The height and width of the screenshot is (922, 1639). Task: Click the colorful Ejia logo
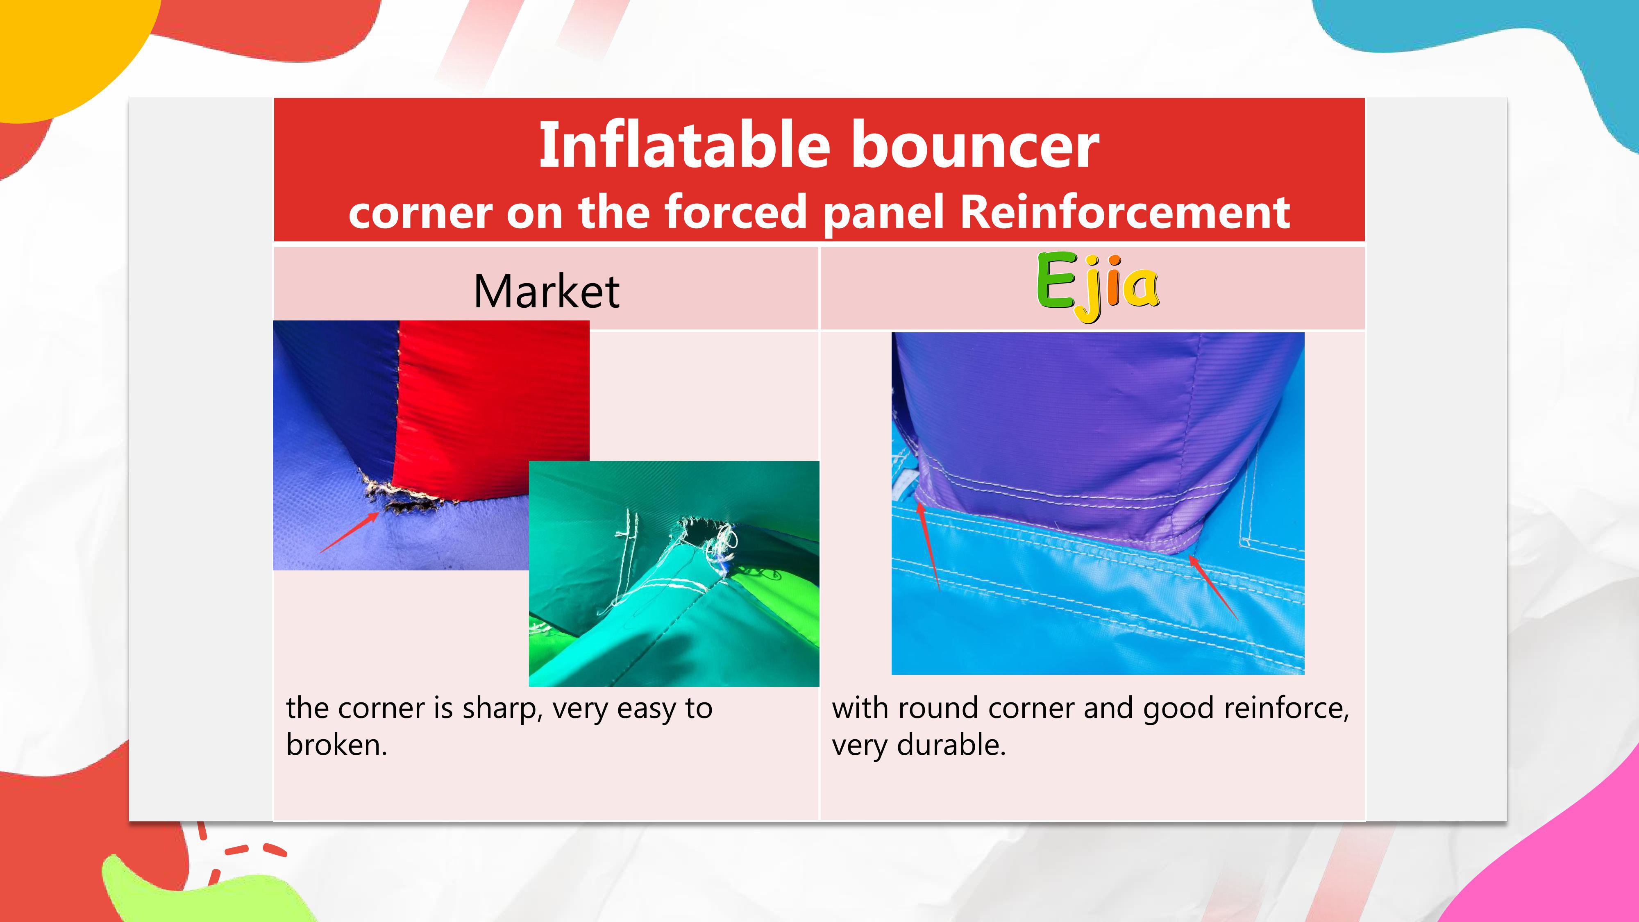[1098, 286]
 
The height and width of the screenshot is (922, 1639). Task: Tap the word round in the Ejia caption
[938, 708]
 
